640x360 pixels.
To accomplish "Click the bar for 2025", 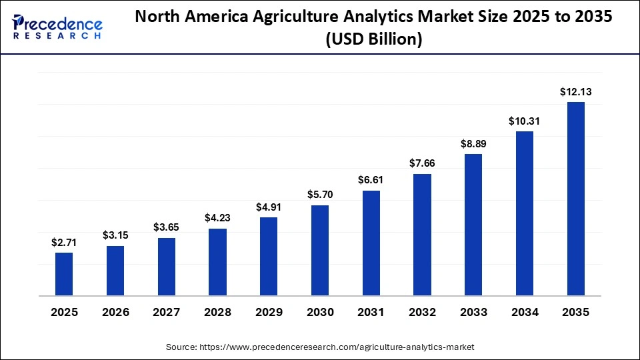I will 64,274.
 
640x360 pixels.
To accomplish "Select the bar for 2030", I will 320,250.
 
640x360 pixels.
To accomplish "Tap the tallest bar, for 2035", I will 576,199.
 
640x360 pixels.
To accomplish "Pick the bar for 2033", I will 473,225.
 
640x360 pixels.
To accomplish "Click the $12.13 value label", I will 576,91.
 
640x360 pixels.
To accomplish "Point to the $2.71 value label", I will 64,243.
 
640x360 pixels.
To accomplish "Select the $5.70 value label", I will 320,195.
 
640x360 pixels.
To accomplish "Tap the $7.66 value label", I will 423,163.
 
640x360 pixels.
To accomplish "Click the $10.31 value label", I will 525,121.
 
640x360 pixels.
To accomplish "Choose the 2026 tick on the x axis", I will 115,312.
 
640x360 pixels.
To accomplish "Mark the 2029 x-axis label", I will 269,312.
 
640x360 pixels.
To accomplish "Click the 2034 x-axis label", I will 525,312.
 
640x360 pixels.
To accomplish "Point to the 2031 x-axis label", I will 371,312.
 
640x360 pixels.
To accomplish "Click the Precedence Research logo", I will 57,26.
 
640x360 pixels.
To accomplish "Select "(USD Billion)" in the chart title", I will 374,40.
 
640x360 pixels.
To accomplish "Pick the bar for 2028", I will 217,262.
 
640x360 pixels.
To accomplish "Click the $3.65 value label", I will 167,227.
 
